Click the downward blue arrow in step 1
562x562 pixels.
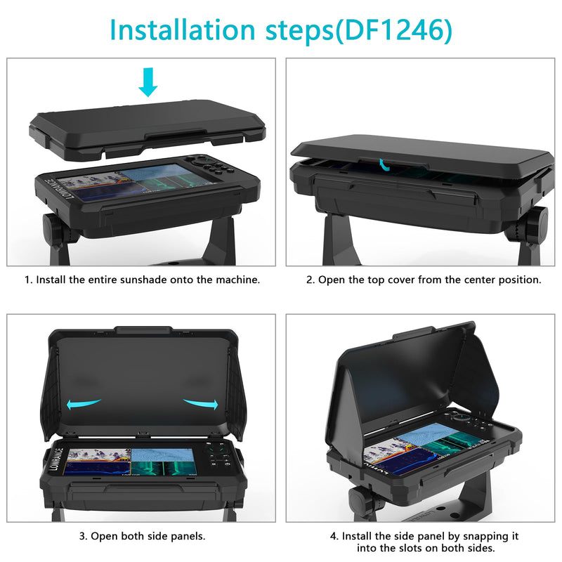click(x=148, y=82)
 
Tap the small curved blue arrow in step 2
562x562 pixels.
click(x=384, y=164)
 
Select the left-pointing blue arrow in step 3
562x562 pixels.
click(x=84, y=403)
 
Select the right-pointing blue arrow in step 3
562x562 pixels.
click(x=201, y=403)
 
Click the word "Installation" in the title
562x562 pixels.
click(x=182, y=30)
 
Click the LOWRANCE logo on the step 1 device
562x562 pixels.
click(x=60, y=189)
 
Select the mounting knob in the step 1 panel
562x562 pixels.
click(x=58, y=230)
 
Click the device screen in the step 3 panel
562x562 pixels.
click(x=131, y=462)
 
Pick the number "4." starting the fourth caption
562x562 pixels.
click(x=334, y=536)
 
